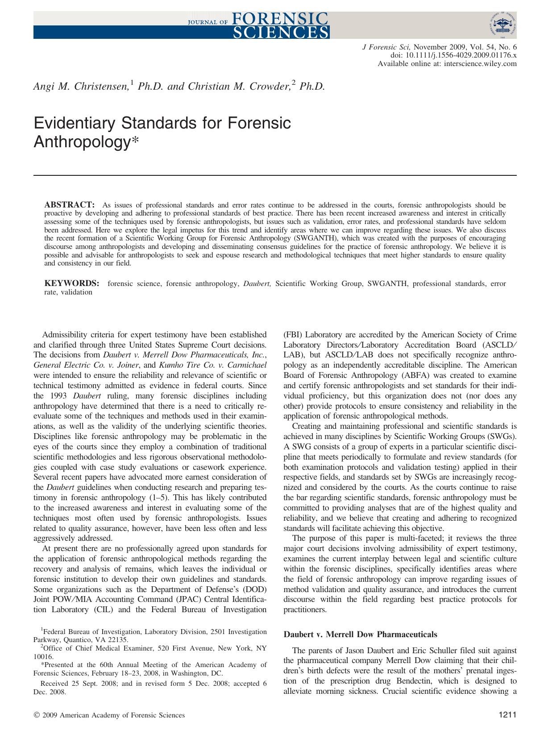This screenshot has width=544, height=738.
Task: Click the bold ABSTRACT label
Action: point(69,205)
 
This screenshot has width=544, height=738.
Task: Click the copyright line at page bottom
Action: point(109,715)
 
